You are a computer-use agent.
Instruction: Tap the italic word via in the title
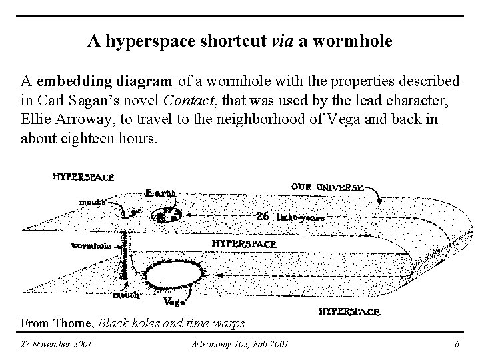[x=284, y=42]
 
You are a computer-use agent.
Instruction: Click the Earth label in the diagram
[x=160, y=193]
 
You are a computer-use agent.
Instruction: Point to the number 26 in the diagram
[x=263, y=217]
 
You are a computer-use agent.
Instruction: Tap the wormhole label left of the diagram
[x=91, y=246]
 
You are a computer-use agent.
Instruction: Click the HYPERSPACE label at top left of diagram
[x=83, y=177]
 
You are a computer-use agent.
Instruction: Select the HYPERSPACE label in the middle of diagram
[x=243, y=243]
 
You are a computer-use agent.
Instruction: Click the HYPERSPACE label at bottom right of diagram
[x=350, y=312]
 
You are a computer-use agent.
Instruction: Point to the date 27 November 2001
[x=57, y=344]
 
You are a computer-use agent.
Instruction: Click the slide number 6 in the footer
[x=457, y=344]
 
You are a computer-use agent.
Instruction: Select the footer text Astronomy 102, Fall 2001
[x=239, y=344]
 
